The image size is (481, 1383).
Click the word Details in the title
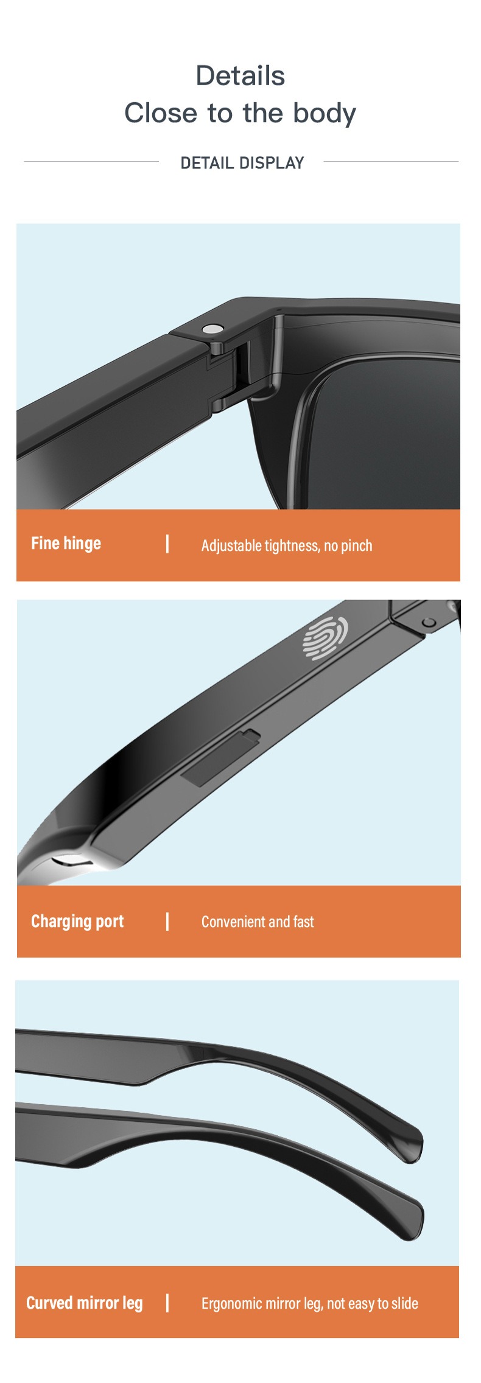[x=240, y=76]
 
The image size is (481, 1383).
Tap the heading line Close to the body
[x=240, y=113]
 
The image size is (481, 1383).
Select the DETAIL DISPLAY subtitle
[x=242, y=163]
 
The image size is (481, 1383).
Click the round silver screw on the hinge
[x=212, y=329]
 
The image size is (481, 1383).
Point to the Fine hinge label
[x=66, y=544]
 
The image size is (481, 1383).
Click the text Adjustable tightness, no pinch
[x=287, y=545]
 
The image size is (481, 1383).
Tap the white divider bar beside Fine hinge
[x=167, y=544]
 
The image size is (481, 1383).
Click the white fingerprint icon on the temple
[x=326, y=637]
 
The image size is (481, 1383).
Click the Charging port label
[x=77, y=922]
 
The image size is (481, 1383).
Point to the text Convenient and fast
[x=258, y=922]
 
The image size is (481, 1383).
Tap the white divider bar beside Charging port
[x=167, y=922]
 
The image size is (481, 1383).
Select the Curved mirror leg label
[x=85, y=1303]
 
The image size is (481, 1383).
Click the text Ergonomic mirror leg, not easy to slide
[x=310, y=1303]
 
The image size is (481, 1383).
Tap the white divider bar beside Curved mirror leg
[x=167, y=1303]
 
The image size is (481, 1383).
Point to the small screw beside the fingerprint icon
[x=429, y=622]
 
